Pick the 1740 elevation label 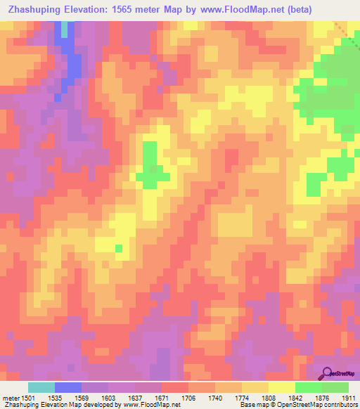pyautogui.click(x=217, y=397)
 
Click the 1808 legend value pyautogui.click(x=269, y=397)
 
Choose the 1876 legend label pyautogui.click(x=323, y=397)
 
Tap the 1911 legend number pyautogui.click(x=349, y=397)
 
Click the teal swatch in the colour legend pyautogui.click(x=41, y=387)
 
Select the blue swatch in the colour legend pyautogui.click(x=68, y=387)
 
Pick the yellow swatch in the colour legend pyautogui.click(x=282, y=387)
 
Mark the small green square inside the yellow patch pyautogui.click(x=119, y=247)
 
